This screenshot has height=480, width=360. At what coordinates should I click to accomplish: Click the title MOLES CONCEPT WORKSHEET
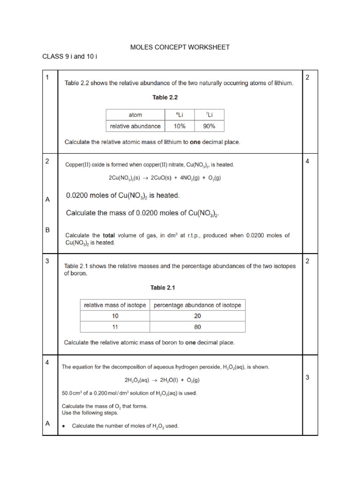coord(180,47)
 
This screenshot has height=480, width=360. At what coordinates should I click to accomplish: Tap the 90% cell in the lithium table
coord(209,126)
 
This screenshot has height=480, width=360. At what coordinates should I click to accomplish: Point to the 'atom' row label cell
coord(135,115)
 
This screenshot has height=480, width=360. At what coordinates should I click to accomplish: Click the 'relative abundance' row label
coord(135,126)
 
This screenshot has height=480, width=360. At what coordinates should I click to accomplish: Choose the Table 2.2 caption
coord(165,98)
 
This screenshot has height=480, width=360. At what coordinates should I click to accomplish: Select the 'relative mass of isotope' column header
coord(115,305)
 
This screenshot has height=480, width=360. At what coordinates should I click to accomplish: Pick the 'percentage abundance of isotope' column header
coord(197,305)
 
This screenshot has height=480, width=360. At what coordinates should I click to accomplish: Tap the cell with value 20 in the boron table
coord(197,316)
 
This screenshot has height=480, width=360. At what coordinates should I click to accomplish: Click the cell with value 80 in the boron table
coord(197,327)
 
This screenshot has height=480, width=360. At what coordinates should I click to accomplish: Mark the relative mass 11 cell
coord(115,327)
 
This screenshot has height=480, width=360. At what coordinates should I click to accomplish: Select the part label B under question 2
coord(47,230)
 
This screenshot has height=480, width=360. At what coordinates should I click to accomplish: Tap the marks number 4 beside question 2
coord(307,161)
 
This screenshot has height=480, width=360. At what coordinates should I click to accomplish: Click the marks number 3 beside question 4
coord(307,377)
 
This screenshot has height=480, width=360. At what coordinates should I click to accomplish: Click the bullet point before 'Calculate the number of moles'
coord(64,426)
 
